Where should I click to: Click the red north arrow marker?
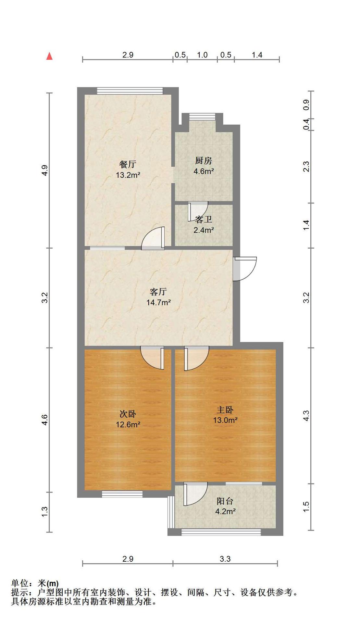click(49, 56)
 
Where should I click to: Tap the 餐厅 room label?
click(128, 165)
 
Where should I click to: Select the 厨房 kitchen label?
click(204, 161)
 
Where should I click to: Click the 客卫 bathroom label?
click(204, 220)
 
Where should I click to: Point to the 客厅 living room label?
click(158, 292)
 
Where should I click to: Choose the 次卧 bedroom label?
click(128, 414)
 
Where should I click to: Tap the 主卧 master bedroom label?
click(225, 410)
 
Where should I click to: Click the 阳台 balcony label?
click(225, 501)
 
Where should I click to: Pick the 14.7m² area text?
click(158, 303)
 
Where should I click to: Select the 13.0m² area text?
click(225, 421)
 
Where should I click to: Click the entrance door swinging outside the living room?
click(245, 269)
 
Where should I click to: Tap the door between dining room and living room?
click(153, 238)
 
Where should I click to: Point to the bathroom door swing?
click(198, 211)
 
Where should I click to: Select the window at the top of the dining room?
click(130, 91)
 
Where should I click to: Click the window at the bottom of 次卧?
click(122, 494)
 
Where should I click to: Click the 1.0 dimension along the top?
click(202, 55)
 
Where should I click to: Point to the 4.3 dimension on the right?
click(306, 416)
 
